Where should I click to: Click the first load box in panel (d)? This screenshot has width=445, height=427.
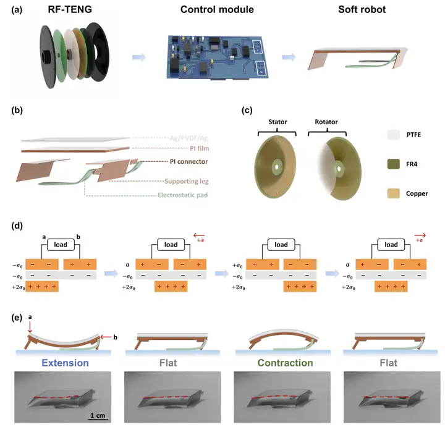[61, 244]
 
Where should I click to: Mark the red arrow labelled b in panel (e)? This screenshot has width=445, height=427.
[106, 337]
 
